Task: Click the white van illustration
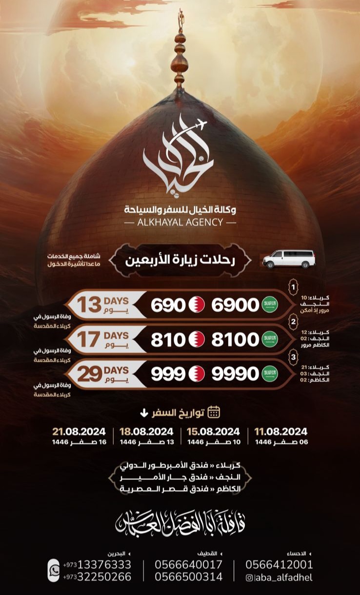pos(289,259)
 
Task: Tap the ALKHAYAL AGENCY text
pos(180,222)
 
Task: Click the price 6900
pos(235,305)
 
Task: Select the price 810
pos(168,340)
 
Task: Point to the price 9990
pos(235,374)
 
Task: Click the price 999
pos(168,374)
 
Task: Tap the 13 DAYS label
pos(103,305)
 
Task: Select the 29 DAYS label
pos(103,374)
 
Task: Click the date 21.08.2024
pos(79,431)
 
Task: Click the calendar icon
pos(214,412)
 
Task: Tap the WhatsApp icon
pos(53,570)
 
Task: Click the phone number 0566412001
pos(279,565)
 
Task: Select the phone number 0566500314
pos(188,576)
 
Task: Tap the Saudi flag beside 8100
pos(269,340)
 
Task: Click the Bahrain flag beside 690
pos(196,305)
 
